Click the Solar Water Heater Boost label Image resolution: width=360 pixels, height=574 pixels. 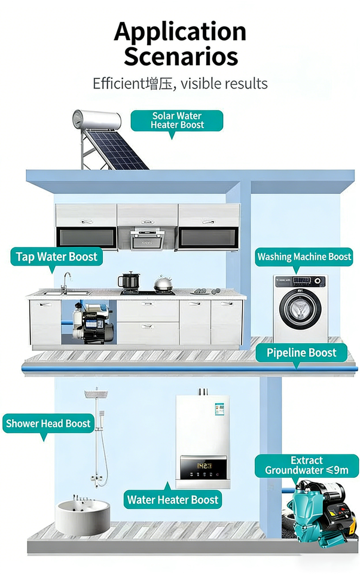click(177, 120)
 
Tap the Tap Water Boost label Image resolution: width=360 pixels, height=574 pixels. click(56, 257)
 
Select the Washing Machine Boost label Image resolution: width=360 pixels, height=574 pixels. click(304, 257)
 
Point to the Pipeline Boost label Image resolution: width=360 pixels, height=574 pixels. click(302, 353)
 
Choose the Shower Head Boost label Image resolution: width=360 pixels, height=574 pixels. click(48, 424)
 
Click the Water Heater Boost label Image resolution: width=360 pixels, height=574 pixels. click(173, 500)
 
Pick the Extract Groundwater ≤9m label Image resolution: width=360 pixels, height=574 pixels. click(306, 466)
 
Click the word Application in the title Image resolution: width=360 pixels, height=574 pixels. click(180, 31)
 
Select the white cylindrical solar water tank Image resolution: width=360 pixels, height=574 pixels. click(96, 120)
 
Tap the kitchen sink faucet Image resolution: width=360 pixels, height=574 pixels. click(66, 281)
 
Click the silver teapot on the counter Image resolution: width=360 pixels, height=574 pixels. click(162, 285)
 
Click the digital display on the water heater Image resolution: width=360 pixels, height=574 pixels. click(203, 465)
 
